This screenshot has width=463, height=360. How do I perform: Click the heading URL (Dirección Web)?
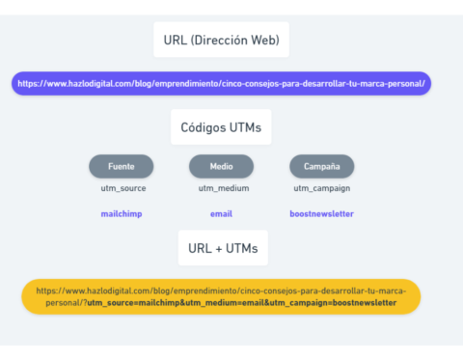[221, 41]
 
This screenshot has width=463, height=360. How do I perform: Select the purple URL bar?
[222, 84]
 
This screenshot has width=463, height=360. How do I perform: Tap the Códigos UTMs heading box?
[221, 127]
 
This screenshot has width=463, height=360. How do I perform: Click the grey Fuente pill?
[122, 166]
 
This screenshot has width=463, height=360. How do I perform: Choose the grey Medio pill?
[221, 166]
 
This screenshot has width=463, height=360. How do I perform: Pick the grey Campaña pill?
[321, 166]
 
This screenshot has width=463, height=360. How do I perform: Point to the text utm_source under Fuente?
[122, 188]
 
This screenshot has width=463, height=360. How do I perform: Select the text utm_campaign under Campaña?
[321, 188]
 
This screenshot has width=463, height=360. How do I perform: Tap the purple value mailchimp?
[122, 213]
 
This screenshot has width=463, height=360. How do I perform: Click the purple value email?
[221, 213]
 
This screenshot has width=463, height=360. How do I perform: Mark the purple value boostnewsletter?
[321, 213]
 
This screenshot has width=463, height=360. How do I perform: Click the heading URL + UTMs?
[223, 248]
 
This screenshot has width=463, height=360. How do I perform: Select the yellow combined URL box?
[221, 295]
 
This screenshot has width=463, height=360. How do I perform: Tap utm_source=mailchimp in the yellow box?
[139, 302]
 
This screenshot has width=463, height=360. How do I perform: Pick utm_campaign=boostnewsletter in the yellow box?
[332, 302]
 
